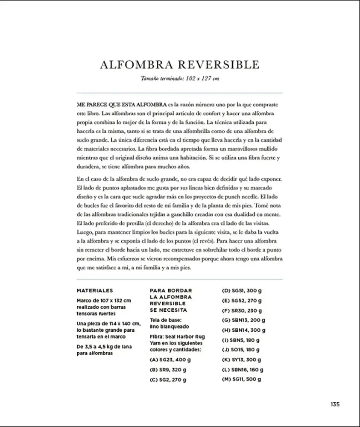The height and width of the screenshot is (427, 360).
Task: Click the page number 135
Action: click(x=334, y=405)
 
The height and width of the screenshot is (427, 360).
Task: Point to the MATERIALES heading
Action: click(x=94, y=290)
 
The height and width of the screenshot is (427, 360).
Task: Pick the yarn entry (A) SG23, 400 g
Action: click(x=168, y=360)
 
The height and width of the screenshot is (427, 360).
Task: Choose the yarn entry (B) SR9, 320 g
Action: click(x=167, y=369)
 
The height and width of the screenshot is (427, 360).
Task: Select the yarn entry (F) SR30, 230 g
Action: click(x=242, y=310)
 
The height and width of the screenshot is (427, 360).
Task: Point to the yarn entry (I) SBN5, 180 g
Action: click(x=241, y=340)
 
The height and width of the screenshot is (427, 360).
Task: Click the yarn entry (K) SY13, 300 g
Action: click(x=242, y=360)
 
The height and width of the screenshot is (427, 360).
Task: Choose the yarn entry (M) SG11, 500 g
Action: click(x=242, y=379)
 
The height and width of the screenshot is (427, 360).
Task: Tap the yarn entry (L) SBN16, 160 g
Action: click(x=243, y=369)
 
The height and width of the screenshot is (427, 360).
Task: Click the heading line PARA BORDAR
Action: click(x=171, y=290)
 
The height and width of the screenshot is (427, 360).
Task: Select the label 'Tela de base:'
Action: click(x=166, y=319)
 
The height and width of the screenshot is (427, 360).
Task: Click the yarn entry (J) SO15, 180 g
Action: click(x=241, y=350)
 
